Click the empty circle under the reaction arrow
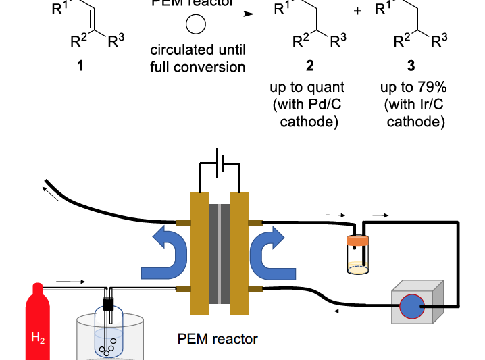[196, 25]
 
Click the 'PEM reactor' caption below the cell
[217, 339]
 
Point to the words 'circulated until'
[198, 50]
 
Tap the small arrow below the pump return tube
[350, 311]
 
